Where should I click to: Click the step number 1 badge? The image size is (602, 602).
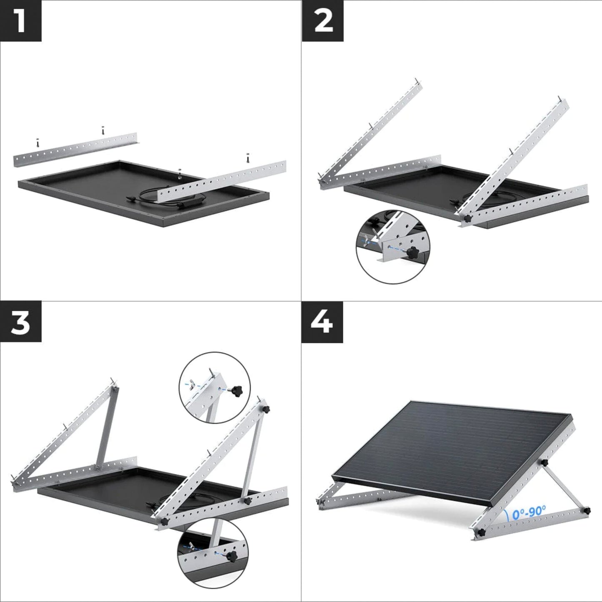click(x=20, y=21)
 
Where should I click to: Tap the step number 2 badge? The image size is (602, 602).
click(x=322, y=21)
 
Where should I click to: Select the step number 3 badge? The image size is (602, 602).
click(x=20, y=322)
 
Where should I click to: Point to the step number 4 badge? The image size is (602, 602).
click(x=322, y=322)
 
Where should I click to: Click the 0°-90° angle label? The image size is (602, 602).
click(x=529, y=512)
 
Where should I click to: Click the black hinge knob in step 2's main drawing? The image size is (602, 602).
click(x=467, y=218)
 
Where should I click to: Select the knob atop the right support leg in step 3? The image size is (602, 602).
click(x=265, y=407)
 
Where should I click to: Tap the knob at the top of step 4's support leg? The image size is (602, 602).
click(x=544, y=463)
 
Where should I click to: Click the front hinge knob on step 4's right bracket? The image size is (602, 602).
click(x=482, y=533)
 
